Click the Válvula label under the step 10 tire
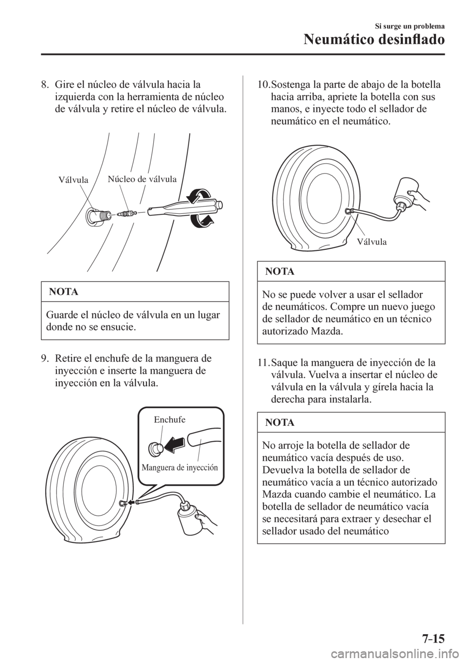click(x=371, y=241)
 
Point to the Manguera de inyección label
click(x=180, y=466)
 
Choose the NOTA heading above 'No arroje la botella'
click(x=280, y=423)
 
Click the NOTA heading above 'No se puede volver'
click(x=280, y=272)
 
